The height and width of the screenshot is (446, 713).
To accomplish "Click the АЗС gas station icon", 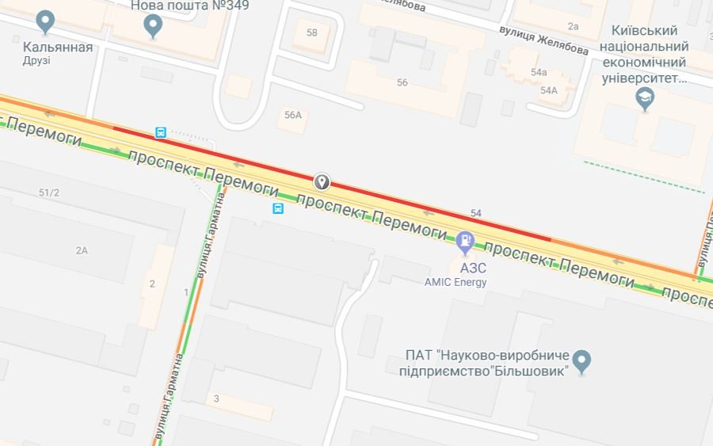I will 466,239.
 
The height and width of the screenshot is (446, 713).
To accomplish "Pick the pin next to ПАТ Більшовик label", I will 582,361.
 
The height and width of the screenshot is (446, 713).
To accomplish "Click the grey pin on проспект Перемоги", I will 322,182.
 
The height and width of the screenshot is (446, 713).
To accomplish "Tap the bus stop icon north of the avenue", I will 161,132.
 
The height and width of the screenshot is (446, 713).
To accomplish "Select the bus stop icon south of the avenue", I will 278,209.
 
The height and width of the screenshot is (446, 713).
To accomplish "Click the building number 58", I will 311,32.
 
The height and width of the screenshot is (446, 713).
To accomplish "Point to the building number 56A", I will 293,115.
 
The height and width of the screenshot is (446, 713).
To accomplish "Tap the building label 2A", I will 82,250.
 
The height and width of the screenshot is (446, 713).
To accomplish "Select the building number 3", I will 216,398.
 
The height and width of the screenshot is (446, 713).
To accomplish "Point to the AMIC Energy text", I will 456,282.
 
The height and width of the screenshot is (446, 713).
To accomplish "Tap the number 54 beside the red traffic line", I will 476,213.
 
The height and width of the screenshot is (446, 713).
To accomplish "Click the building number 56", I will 402,82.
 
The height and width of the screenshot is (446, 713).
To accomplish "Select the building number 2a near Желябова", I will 574,26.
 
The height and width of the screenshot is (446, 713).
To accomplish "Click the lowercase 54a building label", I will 539,72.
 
